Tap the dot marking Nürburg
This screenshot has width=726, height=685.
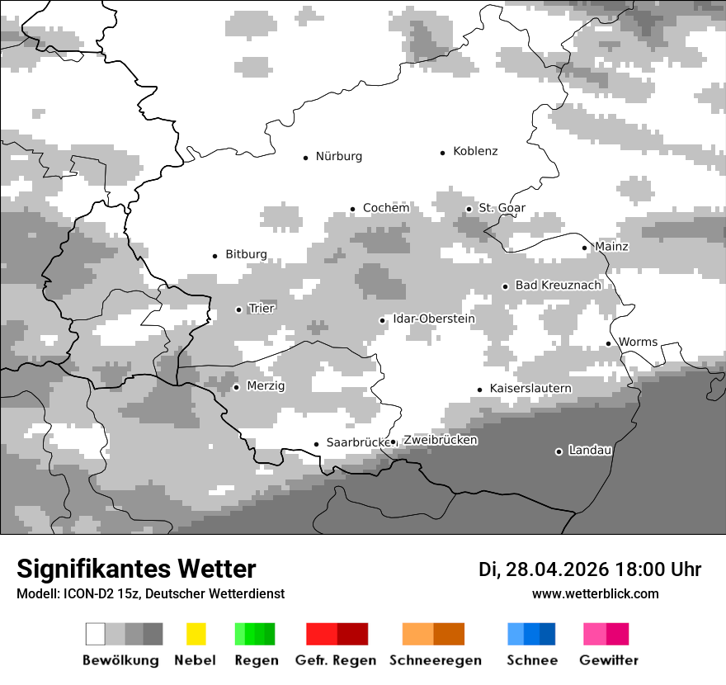click(306, 157)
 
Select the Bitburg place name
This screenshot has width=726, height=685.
click(246, 255)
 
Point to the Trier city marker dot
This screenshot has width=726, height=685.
click(239, 309)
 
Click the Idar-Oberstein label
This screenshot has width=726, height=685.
click(434, 319)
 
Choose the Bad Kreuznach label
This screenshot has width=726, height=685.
click(558, 286)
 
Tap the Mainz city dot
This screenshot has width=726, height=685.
click(585, 248)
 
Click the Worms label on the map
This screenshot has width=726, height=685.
click(638, 342)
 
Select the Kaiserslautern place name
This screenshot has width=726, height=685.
click(530, 389)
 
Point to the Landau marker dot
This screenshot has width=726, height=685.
click(559, 451)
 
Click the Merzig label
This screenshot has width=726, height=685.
click(266, 386)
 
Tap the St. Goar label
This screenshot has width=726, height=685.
click(502, 209)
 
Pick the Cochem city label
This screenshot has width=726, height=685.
click(386, 209)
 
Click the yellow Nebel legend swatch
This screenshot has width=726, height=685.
click(196, 634)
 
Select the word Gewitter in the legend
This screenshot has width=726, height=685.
click(609, 660)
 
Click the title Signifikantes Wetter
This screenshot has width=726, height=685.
click(136, 569)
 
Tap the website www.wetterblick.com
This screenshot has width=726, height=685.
click(595, 593)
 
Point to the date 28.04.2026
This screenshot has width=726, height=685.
click(557, 569)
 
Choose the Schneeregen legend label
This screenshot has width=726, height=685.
click(435, 660)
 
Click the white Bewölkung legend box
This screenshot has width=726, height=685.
click(96, 634)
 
